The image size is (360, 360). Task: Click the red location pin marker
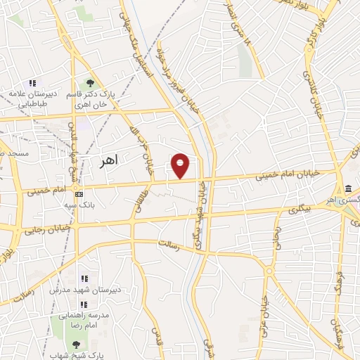[181, 165]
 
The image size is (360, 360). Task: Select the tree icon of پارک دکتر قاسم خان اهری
[89, 83]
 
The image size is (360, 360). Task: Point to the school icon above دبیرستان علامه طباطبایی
[32, 83]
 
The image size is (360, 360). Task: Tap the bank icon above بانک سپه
[79, 193]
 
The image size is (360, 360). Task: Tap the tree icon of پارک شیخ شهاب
[76, 345]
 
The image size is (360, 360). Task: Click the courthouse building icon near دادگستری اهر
[349, 188]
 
